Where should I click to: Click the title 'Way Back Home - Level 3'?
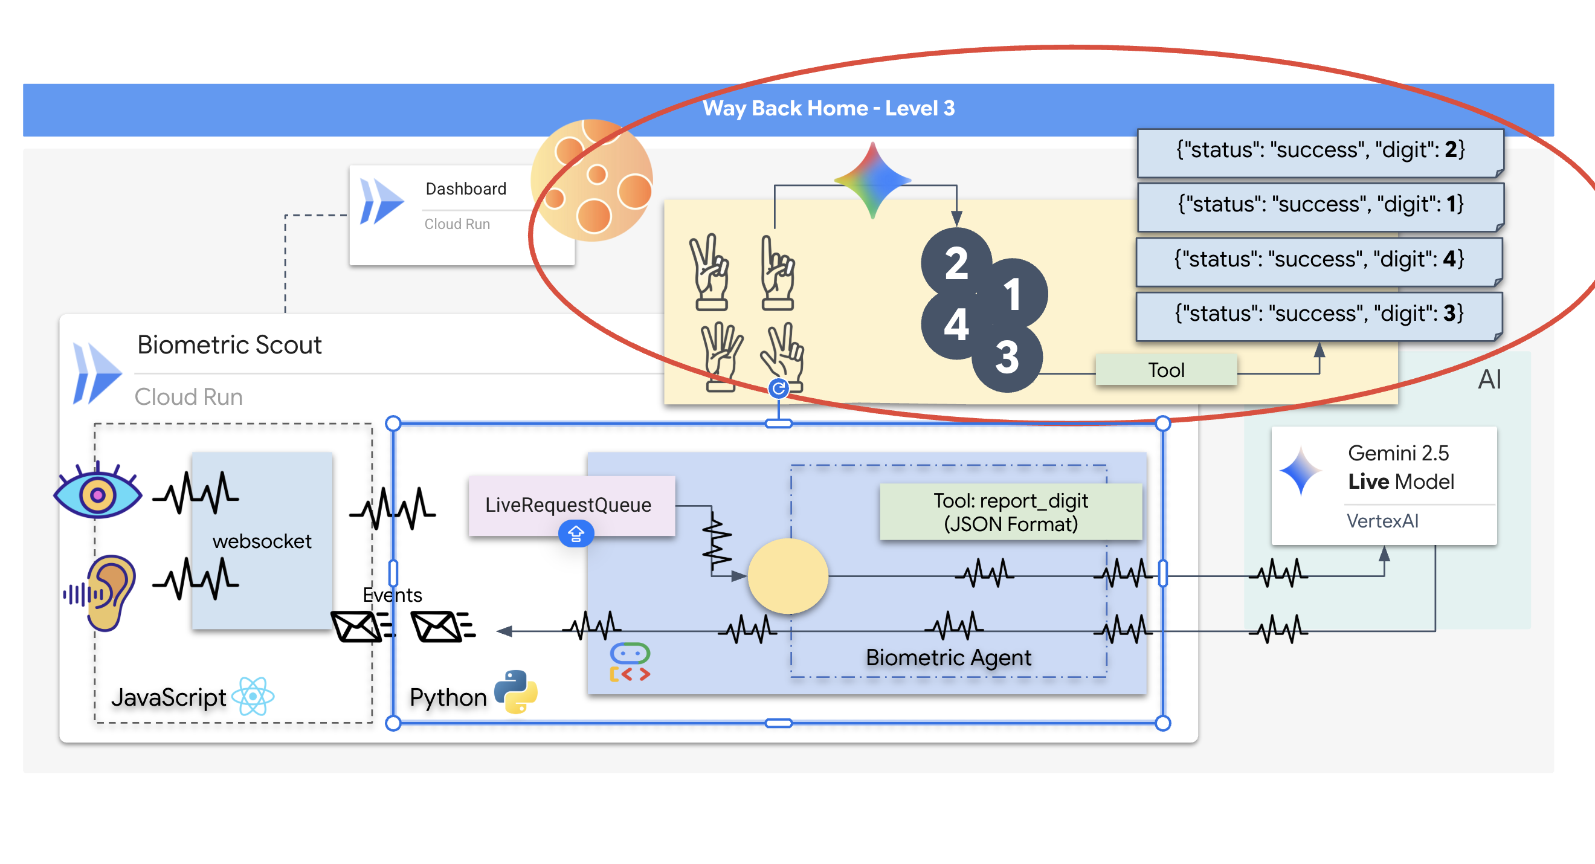click(x=828, y=108)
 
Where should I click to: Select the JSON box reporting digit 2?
click(x=1319, y=151)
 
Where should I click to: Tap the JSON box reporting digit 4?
click(x=1319, y=260)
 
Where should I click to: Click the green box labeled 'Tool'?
click(x=1166, y=370)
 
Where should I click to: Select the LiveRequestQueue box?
click(x=569, y=504)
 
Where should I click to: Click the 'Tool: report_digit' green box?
click(x=1011, y=512)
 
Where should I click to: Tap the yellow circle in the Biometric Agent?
click(x=788, y=576)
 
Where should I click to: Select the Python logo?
click(x=516, y=692)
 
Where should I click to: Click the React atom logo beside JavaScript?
click(x=253, y=696)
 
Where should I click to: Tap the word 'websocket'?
click(x=262, y=541)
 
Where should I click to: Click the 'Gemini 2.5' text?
click(x=1398, y=453)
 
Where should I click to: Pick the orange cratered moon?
click(x=591, y=181)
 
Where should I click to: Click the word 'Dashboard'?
click(x=466, y=189)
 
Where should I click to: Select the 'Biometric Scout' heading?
click(x=229, y=345)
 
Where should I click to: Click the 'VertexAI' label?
click(x=1382, y=521)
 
